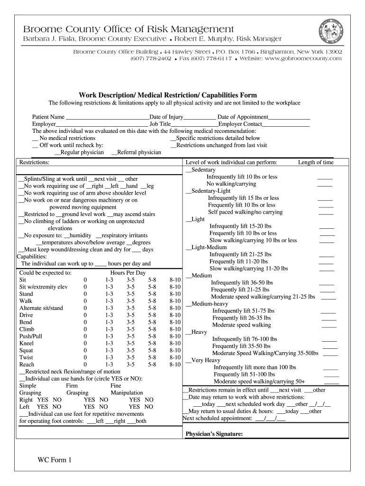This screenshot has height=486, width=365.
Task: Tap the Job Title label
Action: point(160,124)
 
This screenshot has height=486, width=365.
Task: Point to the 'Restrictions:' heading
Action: point(34,162)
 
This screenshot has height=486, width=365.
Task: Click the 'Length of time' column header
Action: point(316,162)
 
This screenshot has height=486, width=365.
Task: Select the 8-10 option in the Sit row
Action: point(175,280)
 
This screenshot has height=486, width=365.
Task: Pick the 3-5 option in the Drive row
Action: point(130,315)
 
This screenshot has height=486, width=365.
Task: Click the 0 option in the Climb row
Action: point(85,329)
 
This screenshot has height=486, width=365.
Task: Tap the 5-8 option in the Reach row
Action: point(152,364)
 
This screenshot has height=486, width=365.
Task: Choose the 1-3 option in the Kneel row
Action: point(109,343)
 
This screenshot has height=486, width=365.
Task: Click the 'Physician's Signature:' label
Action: point(214,434)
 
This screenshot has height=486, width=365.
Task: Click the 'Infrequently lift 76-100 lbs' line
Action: point(245,339)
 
